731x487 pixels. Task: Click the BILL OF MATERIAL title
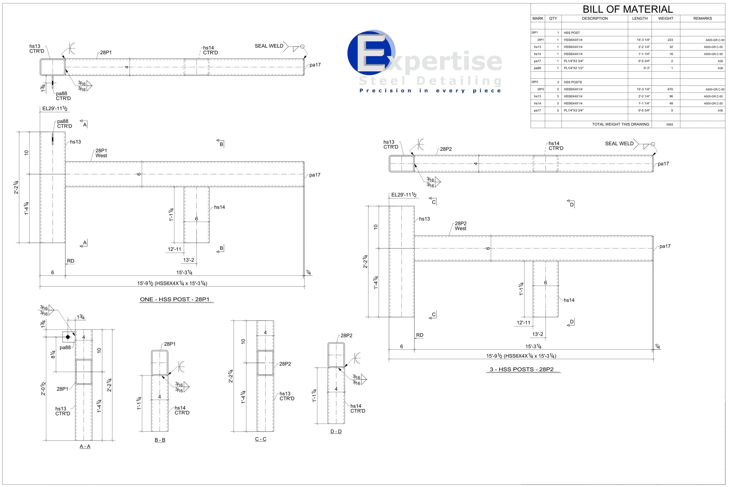pyautogui.click(x=628, y=9)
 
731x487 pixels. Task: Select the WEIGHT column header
pyautogui.click(x=665, y=19)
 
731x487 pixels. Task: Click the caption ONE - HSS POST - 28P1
pyautogui.click(x=175, y=299)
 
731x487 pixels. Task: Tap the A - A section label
pyautogui.click(x=85, y=446)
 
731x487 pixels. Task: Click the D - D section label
pyautogui.click(x=336, y=432)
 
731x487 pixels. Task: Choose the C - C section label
pyautogui.click(x=260, y=439)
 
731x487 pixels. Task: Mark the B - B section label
pyautogui.click(x=160, y=440)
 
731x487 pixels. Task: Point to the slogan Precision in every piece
pyautogui.click(x=430, y=91)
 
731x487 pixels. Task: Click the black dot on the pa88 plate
pyautogui.click(x=68, y=337)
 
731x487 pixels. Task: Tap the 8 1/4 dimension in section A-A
pyautogui.click(x=53, y=354)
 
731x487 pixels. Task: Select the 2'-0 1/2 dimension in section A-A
pyautogui.click(x=43, y=389)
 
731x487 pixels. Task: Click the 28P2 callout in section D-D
pyautogui.click(x=346, y=336)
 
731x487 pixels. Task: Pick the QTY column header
pyautogui.click(x=553, y=19)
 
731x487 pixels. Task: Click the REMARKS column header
pyautogui.click(x=702, y=19)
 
